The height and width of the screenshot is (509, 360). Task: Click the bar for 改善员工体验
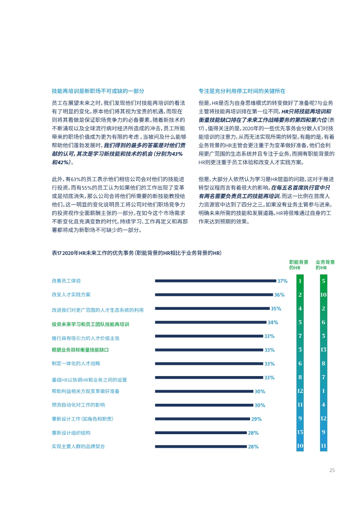(216, 281)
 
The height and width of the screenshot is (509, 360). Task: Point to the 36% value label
(279, 295)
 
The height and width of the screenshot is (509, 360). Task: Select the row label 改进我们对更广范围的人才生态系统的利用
(98, 310)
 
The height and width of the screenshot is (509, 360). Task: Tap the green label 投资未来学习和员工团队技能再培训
(90, 324)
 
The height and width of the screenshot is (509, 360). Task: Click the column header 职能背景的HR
(299, 265)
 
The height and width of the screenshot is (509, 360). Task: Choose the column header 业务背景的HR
(325, 265)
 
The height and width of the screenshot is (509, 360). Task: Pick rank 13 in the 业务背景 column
(323, 350)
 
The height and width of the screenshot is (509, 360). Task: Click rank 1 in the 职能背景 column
(300, 281)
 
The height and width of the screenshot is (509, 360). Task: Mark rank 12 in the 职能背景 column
(300, 391)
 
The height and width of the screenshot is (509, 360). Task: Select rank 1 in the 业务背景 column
(323, 391)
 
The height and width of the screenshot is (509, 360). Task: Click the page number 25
(332, 470)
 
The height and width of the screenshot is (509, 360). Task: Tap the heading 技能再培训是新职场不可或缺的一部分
(98, 91)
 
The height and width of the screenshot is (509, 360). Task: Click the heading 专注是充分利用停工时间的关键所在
(242, 91)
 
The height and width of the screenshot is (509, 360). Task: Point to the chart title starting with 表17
(137, 253)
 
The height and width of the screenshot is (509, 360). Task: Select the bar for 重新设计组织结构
(201, 432)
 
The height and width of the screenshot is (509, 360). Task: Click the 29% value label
(256, 419)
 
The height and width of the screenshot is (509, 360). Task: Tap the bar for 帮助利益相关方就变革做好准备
(204, 391)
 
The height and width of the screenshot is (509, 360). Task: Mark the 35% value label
(276, 308)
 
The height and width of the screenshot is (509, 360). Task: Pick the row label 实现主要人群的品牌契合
(78, 446)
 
